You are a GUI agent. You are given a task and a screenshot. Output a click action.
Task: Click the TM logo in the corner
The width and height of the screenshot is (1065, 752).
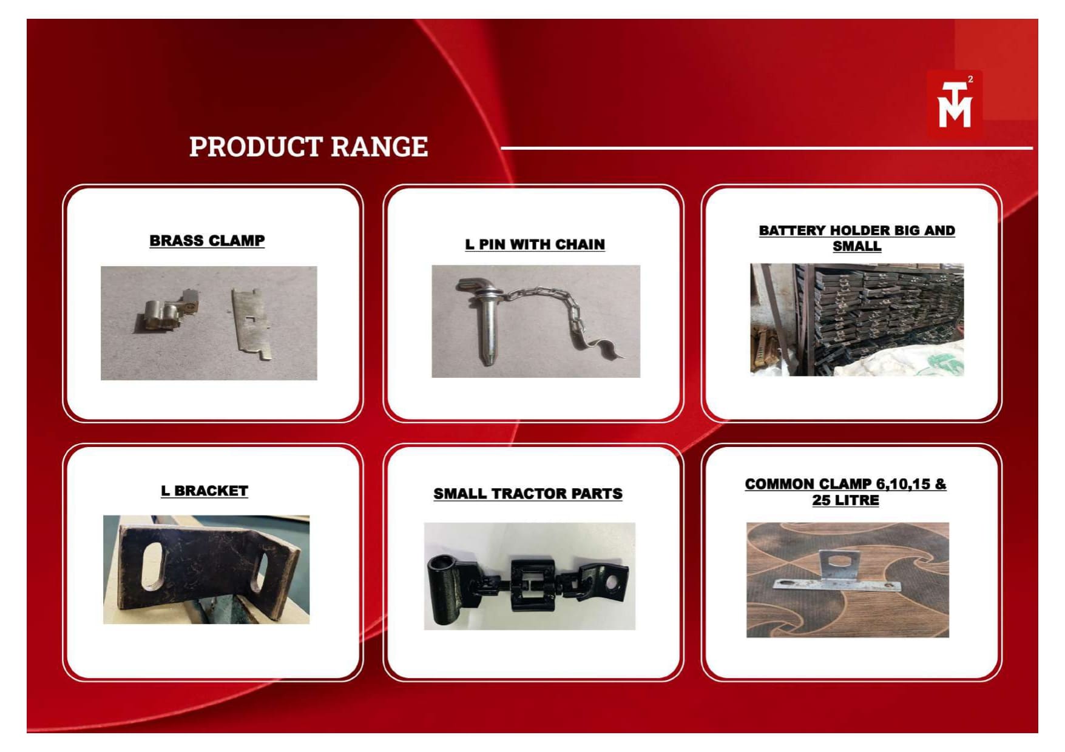954,104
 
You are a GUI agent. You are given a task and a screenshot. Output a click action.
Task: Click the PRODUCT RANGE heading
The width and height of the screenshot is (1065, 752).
308,147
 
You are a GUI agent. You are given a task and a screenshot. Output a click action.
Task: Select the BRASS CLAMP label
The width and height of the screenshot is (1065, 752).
207,241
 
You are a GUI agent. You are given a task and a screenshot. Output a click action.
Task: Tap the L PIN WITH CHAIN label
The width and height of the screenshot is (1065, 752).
535,244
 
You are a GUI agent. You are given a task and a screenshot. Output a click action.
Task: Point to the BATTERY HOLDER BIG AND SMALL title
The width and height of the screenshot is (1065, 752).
857,238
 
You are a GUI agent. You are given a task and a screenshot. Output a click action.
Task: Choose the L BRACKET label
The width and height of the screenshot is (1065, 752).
205,491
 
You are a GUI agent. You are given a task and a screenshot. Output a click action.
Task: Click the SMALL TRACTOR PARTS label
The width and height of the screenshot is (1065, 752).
528,494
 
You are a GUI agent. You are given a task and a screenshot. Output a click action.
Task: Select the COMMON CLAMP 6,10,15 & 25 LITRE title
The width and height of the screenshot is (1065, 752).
845,492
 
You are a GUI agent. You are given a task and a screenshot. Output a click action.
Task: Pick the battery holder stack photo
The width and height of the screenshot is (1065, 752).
857,320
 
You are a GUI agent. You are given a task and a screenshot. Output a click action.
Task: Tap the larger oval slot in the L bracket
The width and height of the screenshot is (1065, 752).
152,566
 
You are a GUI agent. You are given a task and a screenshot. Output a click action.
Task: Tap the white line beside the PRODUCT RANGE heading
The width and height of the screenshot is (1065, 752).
766,148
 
